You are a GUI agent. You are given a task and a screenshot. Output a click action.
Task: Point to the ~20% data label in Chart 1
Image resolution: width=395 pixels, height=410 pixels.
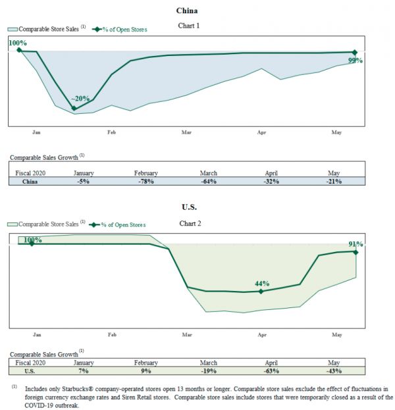click(x=80, y=99)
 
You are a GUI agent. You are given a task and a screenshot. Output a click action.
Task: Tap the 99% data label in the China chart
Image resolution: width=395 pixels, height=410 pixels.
click(x=355, y=60)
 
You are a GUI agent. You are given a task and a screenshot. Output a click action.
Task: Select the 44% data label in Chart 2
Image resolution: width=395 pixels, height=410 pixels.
click(x=261, y=283)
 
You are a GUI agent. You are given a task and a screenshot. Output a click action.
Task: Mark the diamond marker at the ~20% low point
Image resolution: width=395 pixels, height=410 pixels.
click(x=74, y=108)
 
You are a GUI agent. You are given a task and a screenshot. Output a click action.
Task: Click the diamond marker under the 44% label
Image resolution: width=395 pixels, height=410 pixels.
click(x=261, y=291)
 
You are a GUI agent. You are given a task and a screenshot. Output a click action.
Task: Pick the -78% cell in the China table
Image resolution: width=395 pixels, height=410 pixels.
click(x=145, y=181)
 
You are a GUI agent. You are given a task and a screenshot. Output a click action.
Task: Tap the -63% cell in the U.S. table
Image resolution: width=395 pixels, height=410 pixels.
click(x=271, y=371)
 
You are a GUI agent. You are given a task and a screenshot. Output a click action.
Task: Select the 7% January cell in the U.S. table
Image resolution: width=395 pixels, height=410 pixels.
click(x=84, y=371)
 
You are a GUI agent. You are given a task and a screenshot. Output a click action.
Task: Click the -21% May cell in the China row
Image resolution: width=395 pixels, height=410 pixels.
click(x=334, y=181)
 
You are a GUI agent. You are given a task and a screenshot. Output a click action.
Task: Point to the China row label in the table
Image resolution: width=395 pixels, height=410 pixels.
click(x=30, y=181)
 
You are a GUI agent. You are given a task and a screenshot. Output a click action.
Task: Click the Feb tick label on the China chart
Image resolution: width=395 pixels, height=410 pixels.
click(x=111, y=132)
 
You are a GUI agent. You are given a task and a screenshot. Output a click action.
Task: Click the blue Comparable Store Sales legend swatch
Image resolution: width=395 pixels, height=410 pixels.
click(x=13, y=29)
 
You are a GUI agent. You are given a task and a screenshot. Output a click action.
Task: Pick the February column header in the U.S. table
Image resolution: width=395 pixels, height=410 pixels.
click(x=145, y=363)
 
